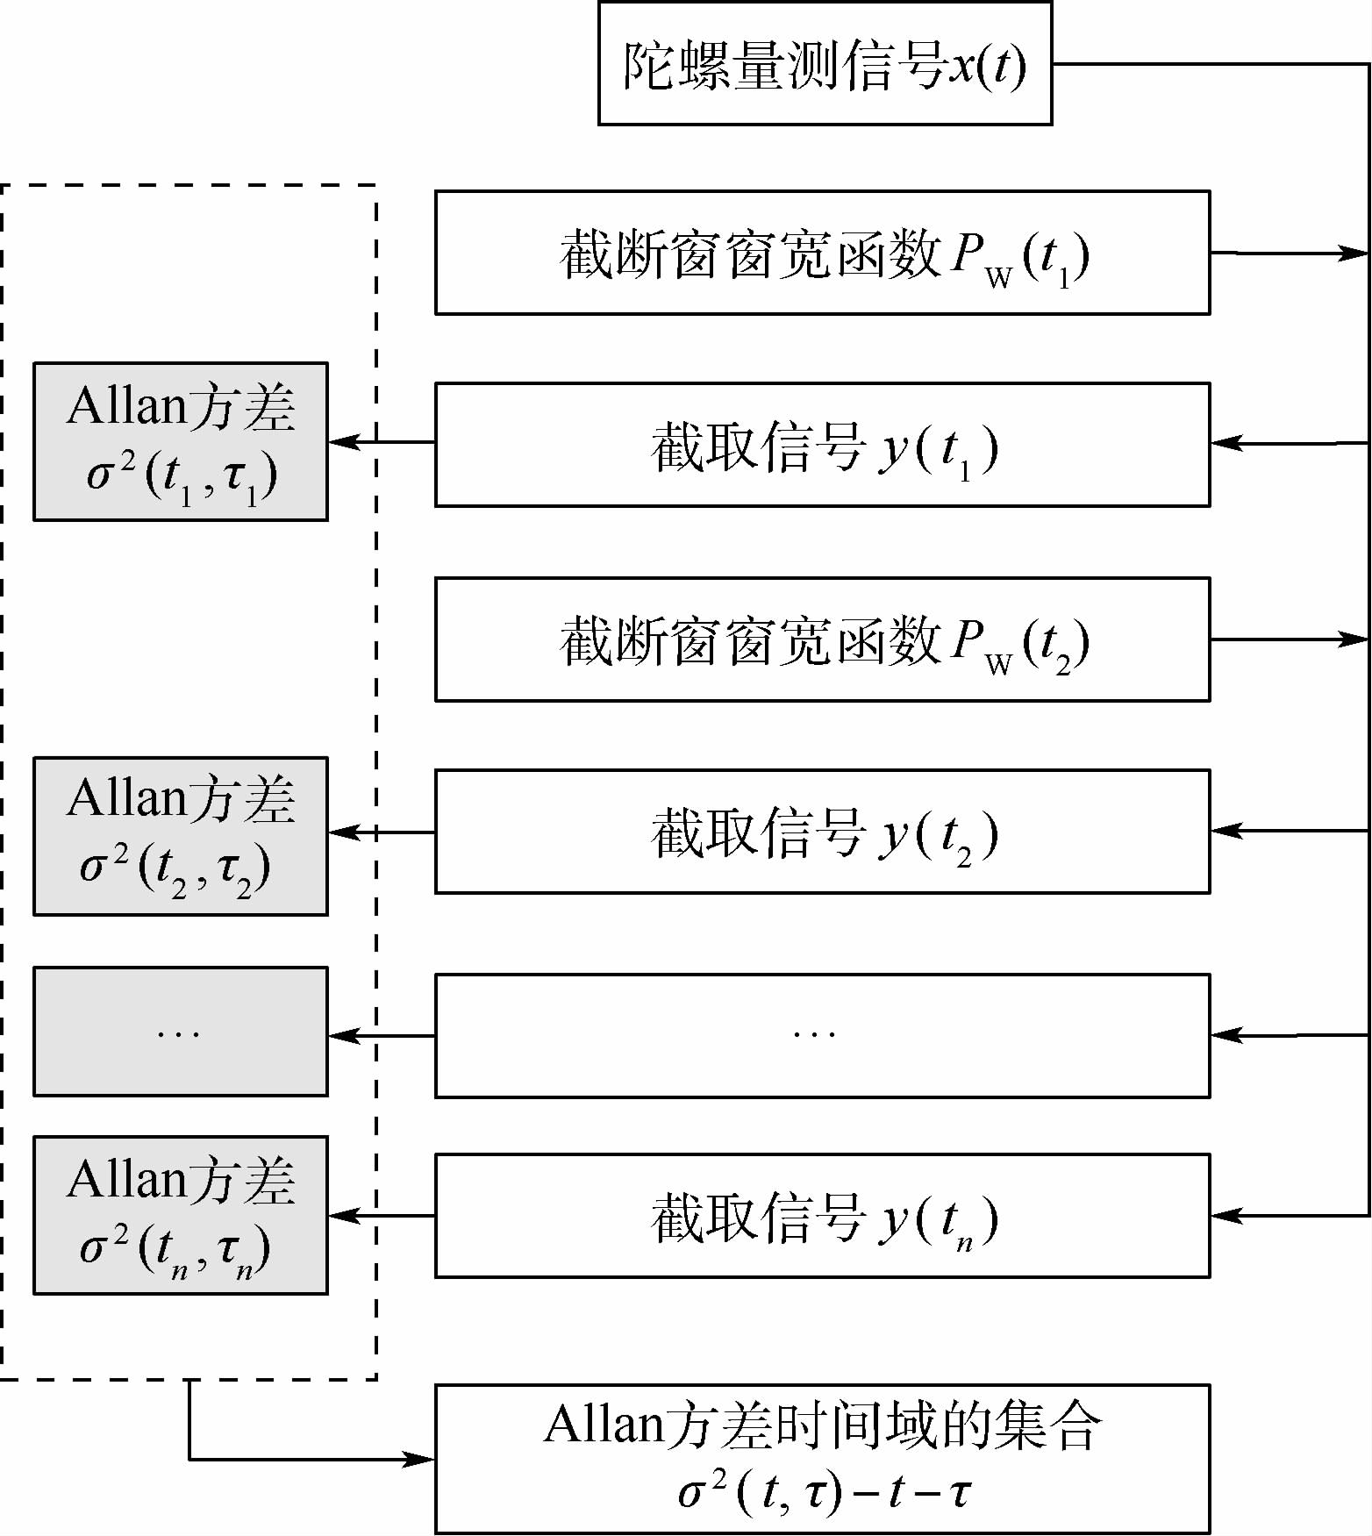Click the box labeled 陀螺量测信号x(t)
point(825,63)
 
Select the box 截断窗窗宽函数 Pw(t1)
point(822,253)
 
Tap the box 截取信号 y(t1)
point(822,445)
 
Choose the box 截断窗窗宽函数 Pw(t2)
point(822,639)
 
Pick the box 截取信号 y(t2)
point(822,832)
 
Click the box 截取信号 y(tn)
point(822,1216)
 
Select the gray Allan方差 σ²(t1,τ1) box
point(181,442)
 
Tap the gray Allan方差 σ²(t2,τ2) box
point(181,836)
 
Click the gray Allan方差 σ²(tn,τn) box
point(181,1215)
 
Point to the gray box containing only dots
point(181,1032)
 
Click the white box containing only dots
point(822,1036)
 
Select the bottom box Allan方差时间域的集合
point(822,1460)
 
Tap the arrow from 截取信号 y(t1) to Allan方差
point(382,442)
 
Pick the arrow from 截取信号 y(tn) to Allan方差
point(382,1216)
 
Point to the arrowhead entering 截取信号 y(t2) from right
point(1226,831)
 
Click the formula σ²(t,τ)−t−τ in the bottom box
point(824,1492)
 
